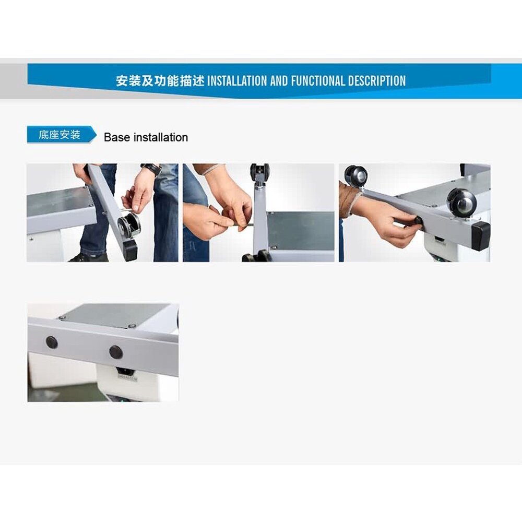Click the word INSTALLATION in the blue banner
237,81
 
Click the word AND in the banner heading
279,81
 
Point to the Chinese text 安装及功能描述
160,81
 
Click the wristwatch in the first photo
151,169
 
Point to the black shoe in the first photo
88,257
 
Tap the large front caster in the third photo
461,201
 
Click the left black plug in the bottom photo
52,342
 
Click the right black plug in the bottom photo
115,352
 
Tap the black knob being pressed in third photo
418,220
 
